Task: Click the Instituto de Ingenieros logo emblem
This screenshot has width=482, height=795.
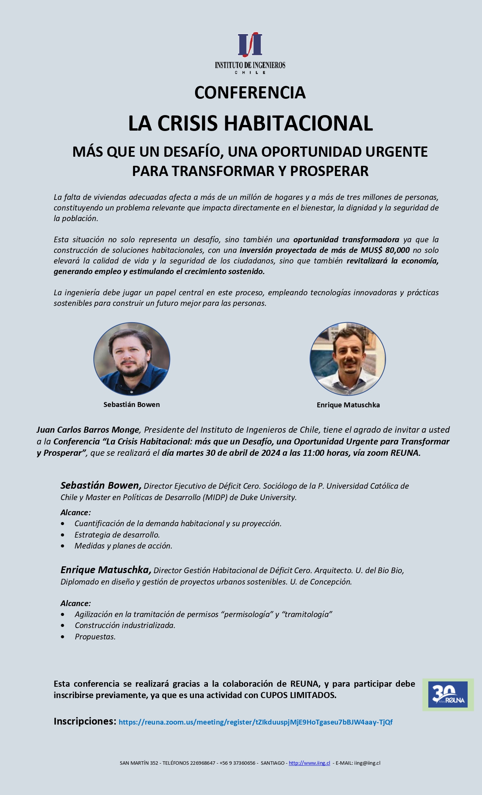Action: (250, 45)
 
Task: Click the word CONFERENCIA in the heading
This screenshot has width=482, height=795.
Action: (250, 93)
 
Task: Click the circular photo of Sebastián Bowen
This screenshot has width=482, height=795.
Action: (132, 359)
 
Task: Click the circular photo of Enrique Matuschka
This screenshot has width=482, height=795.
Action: (347, 359)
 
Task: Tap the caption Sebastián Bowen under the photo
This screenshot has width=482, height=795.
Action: (132, 405)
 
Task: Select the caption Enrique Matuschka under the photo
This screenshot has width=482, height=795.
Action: (348, 405)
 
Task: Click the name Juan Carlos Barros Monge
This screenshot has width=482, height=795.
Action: (88, 430)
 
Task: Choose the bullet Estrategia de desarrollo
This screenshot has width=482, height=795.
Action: (117, 535)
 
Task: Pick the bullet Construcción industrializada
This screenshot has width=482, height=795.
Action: (125, 625)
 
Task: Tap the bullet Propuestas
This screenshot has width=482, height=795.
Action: (95, 637)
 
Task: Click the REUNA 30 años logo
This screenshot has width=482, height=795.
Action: (448, 695)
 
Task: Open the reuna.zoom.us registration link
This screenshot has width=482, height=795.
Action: (256, 722)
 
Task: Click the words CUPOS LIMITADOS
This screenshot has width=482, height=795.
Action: (298, 695)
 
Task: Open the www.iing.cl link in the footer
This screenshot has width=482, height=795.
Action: (309, 763)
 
